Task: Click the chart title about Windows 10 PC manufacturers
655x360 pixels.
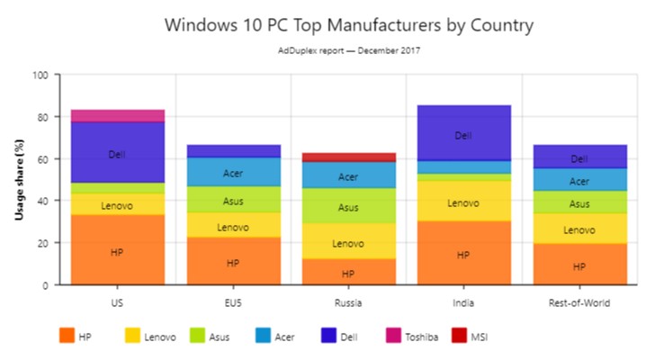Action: [x=348, y=24]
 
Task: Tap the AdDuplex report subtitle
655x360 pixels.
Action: [x=348, y=50]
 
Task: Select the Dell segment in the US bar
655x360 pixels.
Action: [x=117, y=153]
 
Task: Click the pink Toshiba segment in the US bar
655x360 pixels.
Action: [x=117, y=115]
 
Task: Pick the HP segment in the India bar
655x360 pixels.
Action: [x=462, y=254]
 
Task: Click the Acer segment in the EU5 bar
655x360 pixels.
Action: [x=232, y=172]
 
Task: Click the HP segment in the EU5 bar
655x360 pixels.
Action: [x=232, y=262]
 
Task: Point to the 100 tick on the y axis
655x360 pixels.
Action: [x=40, y=76]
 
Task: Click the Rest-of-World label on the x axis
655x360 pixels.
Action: [x=579, y=303]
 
